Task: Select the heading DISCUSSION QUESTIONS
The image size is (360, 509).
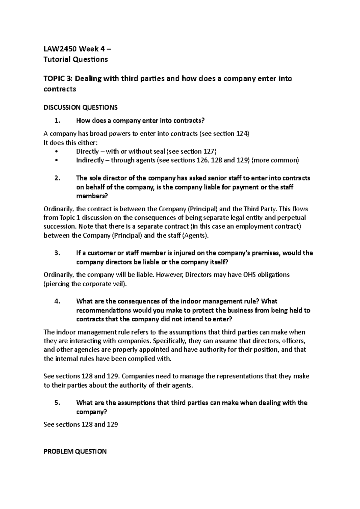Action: click(80, 107)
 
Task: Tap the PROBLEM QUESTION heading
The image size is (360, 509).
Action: click(75, 451)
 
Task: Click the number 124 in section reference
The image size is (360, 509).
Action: click(242, 134)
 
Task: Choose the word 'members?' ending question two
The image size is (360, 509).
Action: click(92, 196)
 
